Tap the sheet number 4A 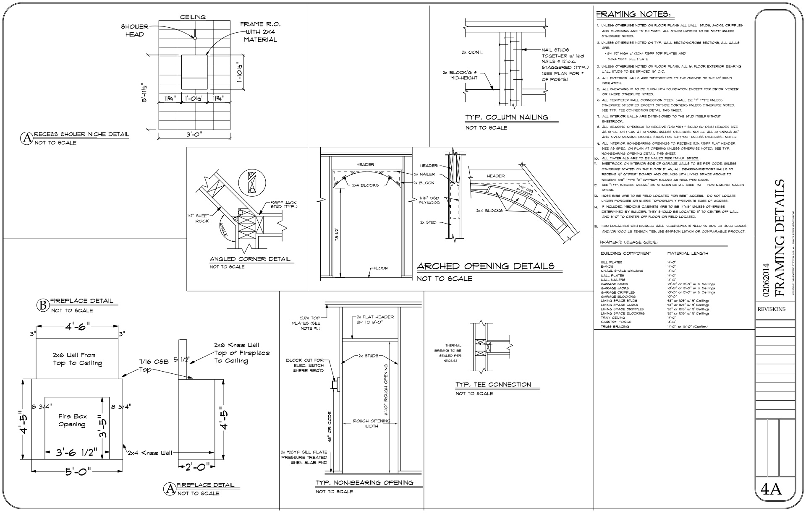pos(771,490)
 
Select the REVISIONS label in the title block pos(771,310)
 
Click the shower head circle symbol pos(195,38)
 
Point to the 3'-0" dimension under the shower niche pos(194,135)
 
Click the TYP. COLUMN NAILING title pos(506,117)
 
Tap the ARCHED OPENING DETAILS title pos(485,266)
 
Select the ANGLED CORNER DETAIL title pos(250,259)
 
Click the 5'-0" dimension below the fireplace pos(76,472)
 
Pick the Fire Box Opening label pos(72,420)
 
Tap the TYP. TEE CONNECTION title pos(493,385)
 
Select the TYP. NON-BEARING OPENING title pos(364,483)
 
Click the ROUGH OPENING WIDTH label pos(371,423)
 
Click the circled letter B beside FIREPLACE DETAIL pos(42,305)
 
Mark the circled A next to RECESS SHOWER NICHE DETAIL pos(26,138)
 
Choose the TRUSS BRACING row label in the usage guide pos(615,327)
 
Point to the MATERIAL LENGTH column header pos(687,253)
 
